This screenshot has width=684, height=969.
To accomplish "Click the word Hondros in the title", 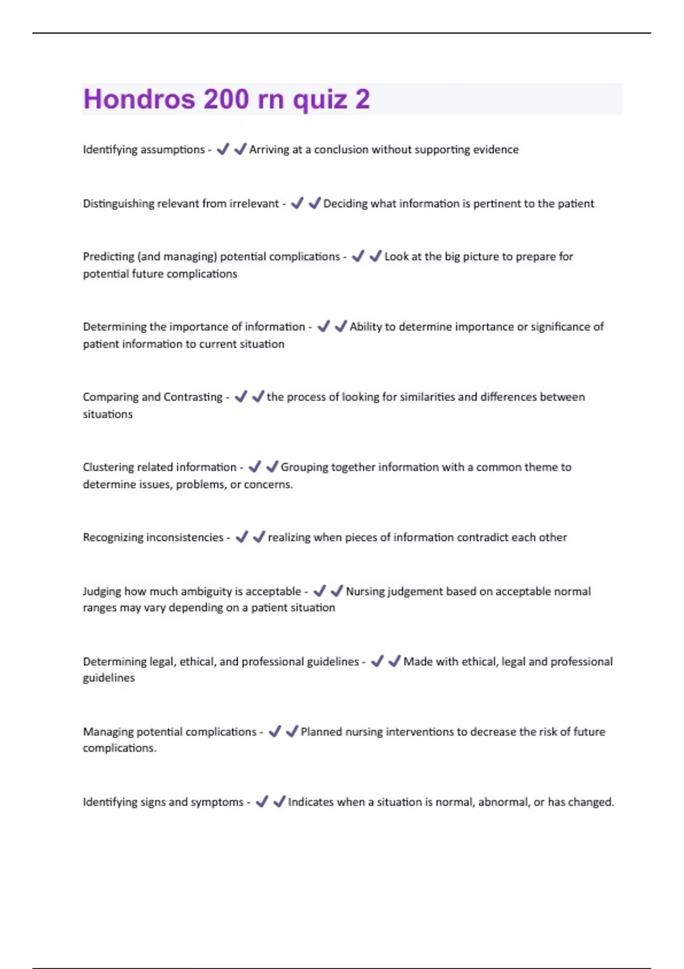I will tap(139, 99).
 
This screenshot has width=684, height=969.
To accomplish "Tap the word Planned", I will tap(321, 731).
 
